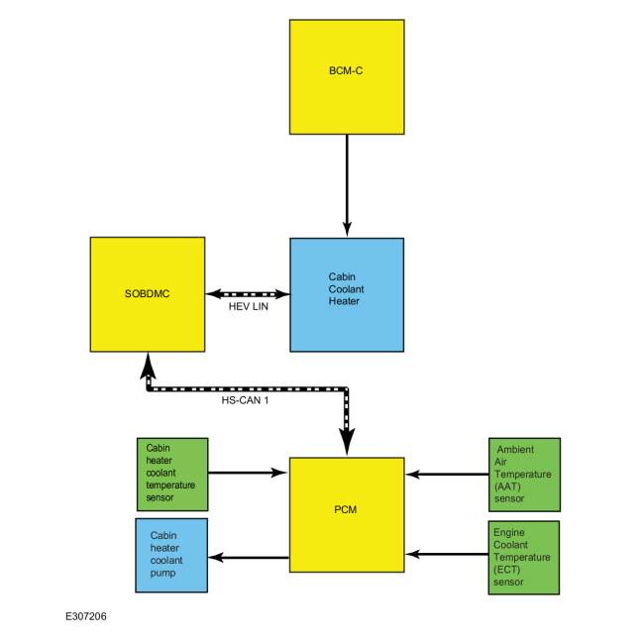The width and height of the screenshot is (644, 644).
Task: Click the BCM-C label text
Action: [x=346, y=70]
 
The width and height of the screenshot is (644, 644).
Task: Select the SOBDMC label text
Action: [x=147, y=293]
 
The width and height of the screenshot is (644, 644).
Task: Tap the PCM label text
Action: [x=346, y=509]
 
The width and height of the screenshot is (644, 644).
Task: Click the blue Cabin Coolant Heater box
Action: [x=347, y=294]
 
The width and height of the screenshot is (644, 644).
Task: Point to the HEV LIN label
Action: [x=249, y=306]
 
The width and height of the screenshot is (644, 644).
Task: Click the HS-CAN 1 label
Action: [x=245, y=400]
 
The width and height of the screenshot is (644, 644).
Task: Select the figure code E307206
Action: [x=86, y=616]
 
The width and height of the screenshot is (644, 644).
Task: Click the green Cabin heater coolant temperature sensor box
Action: [x=172, y=475]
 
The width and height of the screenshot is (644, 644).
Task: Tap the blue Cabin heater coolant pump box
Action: [x=171, y=555]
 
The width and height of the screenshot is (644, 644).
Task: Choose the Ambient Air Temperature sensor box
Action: [x=524, y=475]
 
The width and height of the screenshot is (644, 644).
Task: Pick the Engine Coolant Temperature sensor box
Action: [x=524, y=558]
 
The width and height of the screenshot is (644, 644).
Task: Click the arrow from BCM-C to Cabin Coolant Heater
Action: [x=347, y=185]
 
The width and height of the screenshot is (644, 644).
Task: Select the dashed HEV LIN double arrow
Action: [x=248, y=294]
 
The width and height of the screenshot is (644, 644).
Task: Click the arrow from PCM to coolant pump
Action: [x=249, y=558]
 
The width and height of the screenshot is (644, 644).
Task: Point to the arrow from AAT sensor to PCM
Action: [x=447, y=475]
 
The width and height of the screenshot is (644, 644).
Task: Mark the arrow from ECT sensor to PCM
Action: [x=447, y=554]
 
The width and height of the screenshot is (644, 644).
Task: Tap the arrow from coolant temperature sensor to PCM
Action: [x=248, y=473]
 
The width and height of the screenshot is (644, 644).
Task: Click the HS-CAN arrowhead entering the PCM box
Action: [x=347, y=442]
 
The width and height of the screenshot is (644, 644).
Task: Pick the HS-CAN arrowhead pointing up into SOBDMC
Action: [x=148, y=366]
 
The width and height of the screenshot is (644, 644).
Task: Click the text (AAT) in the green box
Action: [x=507, y=486]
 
